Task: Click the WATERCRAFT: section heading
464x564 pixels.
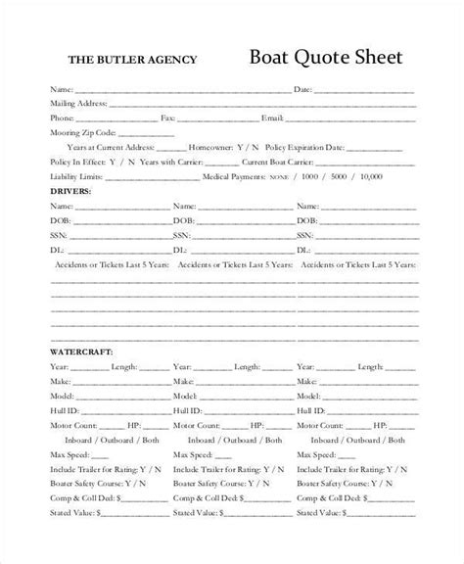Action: click(x=81, y=351)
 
